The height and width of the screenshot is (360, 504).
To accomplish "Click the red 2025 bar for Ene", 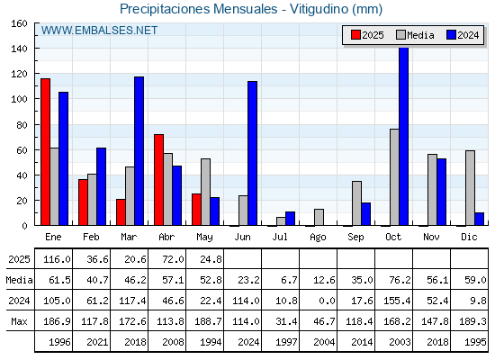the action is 45,152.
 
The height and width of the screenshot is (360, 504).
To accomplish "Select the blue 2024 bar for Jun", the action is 252,153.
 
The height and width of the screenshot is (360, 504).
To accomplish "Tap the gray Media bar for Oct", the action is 394,177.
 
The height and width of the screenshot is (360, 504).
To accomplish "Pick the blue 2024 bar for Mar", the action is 139,151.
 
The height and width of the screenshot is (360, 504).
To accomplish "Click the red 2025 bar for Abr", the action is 158,180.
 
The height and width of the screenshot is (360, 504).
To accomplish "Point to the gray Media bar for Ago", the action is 319,217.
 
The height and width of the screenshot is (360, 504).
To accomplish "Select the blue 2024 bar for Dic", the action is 479,219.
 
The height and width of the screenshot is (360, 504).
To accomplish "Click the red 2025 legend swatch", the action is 355,35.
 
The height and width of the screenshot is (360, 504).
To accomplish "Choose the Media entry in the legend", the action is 415,35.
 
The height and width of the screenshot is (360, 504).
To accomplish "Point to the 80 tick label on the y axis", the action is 22,125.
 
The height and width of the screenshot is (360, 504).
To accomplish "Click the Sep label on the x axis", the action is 355,238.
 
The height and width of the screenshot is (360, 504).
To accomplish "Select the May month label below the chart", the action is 204,238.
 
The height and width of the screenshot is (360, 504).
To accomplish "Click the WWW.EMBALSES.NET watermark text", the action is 99,31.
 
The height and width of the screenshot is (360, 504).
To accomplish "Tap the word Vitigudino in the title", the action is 319,9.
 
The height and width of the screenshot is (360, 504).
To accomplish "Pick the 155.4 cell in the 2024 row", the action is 397,301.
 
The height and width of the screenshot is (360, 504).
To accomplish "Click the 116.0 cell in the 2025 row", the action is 57,259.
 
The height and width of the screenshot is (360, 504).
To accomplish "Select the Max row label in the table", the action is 19,321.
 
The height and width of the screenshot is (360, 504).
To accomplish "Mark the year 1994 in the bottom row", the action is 211,342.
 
